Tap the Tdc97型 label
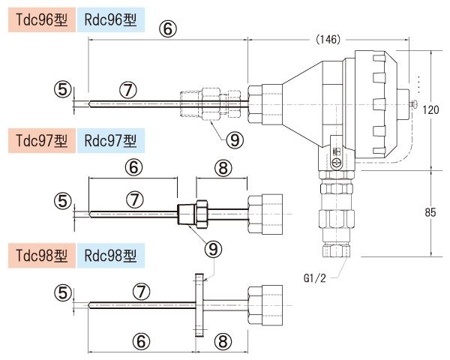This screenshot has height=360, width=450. (x=37, y=139)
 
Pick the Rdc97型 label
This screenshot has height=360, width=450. (x=110, y=139)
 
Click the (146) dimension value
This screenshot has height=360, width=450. (x=328, y=39)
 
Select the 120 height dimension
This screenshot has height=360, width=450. (x=430, y=109)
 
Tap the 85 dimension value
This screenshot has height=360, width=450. (x=430, y=212)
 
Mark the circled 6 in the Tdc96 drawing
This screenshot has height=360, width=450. (x=168, y=28)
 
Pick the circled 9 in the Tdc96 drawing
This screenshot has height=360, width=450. (x=235, y=139)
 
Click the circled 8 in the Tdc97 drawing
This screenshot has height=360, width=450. (x=222, y=168)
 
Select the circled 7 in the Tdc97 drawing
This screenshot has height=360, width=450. (x=133, y=199)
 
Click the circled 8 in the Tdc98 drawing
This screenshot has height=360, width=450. (x=222, y=341)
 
